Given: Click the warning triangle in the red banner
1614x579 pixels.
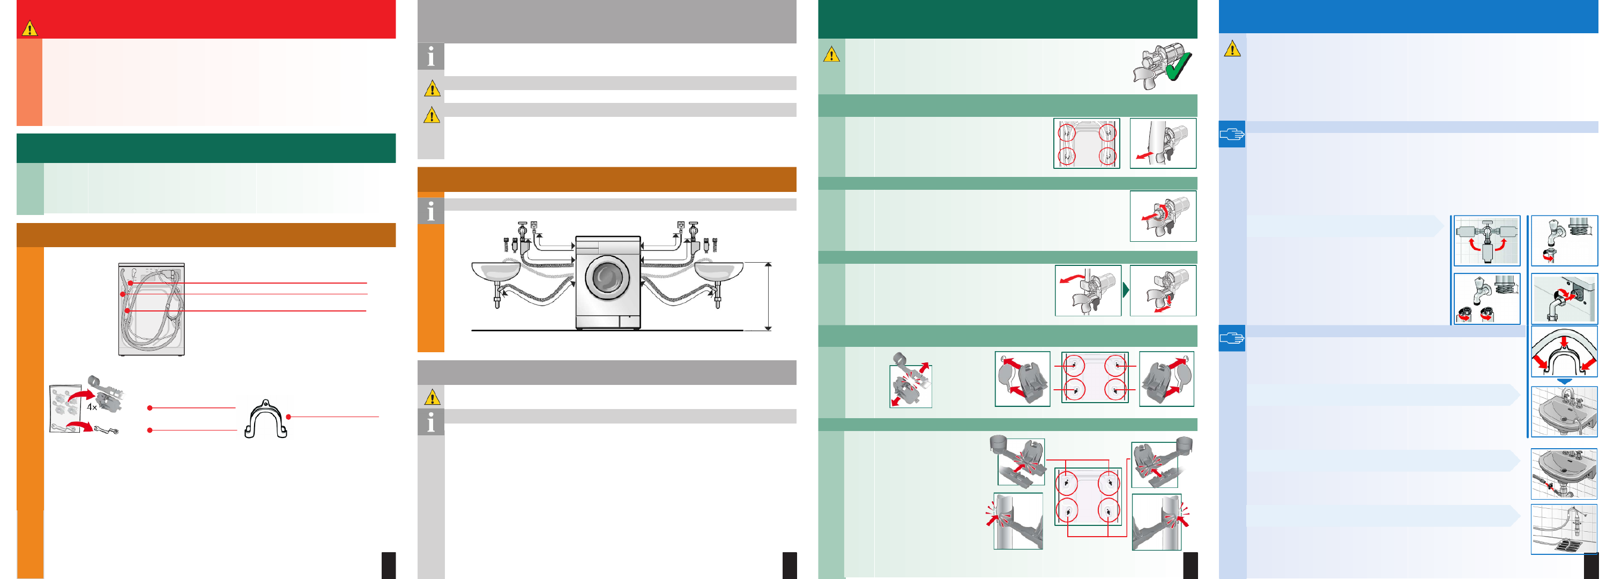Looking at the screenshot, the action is tap(29, 28).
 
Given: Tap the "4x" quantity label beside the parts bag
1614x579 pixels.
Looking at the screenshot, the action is tap(92, 407).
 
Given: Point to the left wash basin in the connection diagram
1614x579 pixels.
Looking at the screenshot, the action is tap(496, 271).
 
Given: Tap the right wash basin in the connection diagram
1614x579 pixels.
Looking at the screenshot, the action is tap(719, 271).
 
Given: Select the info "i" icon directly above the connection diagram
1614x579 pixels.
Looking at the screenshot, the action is tap(430, 211).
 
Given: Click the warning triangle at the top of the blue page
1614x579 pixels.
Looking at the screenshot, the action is tap(1232, 48).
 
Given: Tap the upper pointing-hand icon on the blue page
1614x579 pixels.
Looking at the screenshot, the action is tap(1232, 134).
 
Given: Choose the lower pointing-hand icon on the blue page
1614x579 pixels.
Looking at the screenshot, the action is tap(1232, 338).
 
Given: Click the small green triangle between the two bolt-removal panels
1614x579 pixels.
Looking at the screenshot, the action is tap(1126, 290).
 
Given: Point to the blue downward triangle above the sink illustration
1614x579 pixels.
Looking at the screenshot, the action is tap(1565, 381).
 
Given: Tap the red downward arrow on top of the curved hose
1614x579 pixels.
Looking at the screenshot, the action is tap(1565, 340).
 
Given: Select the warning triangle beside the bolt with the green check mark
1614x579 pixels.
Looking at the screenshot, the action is tap(831, 55).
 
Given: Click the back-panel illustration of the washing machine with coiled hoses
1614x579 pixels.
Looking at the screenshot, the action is tap(152, 309).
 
